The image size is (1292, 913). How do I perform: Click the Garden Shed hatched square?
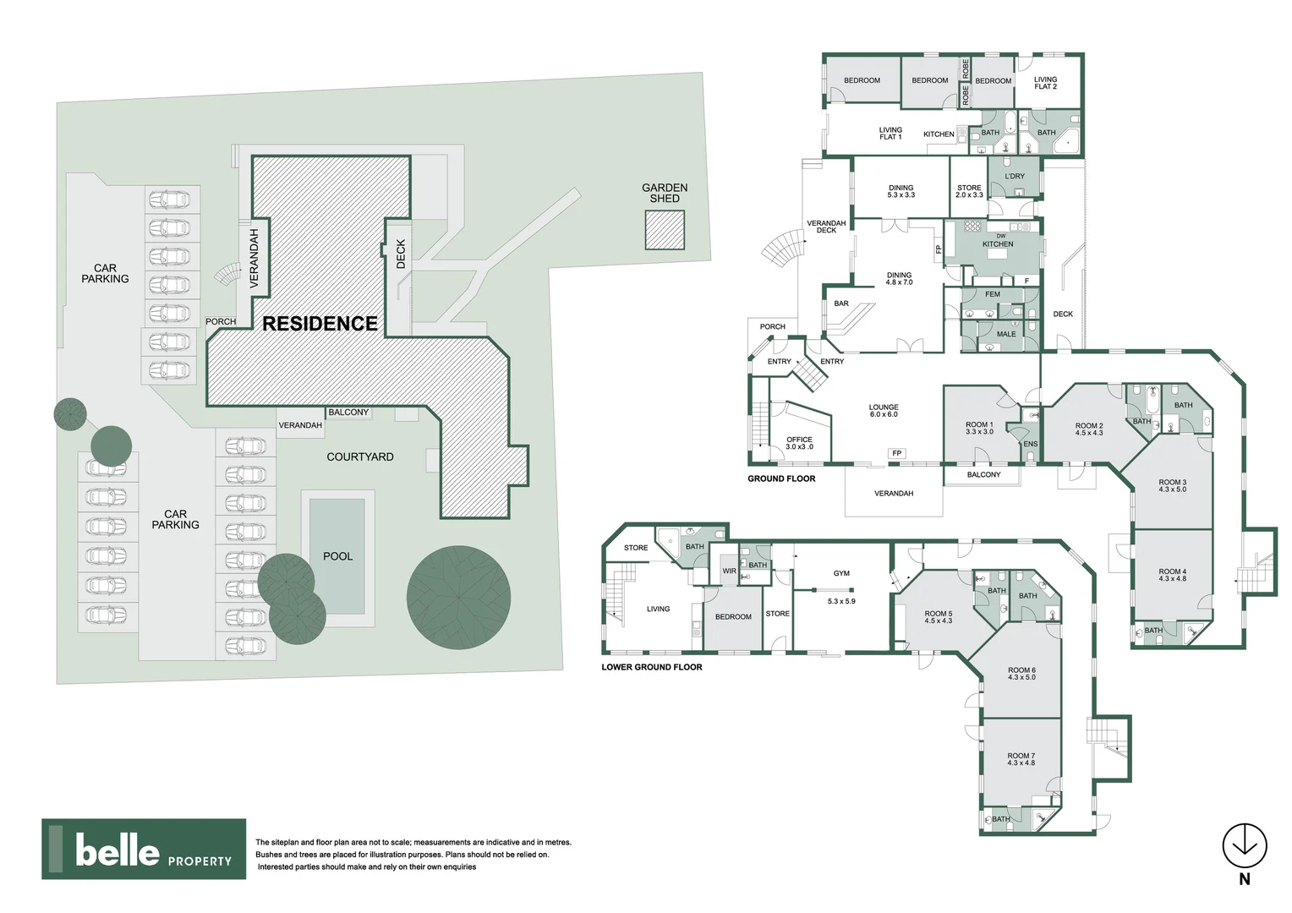tap(665, 230)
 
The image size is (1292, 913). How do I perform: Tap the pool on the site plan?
tap(337, 556)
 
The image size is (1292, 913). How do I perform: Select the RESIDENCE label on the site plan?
tap(320, 324)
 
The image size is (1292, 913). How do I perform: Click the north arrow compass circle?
tap(1245, 845)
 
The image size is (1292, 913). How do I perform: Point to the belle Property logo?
tap(144, 849)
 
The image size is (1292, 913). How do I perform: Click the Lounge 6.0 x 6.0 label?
tap(884, 411)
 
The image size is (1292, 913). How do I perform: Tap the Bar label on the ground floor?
tap(841, 303)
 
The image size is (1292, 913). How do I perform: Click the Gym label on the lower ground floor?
tap(841, 573)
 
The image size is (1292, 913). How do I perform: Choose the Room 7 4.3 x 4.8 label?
tap(1021, 759)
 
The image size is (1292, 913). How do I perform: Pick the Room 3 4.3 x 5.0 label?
tap(1173, 485)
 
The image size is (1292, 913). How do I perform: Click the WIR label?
tap(729, 571)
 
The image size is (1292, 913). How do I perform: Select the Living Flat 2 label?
tap(1045, 83)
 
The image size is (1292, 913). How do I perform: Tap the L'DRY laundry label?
tap(1015, 177)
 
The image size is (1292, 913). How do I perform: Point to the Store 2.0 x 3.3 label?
tap(969, 192)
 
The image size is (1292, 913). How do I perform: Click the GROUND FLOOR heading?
tap(781, 478)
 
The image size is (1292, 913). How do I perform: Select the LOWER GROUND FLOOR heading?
tap(652, 667)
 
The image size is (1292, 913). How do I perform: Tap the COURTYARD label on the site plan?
tap(360, 456)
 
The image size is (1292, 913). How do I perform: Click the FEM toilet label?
tap(992, 294)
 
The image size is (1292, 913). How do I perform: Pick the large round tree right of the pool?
tap(458, 598)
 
